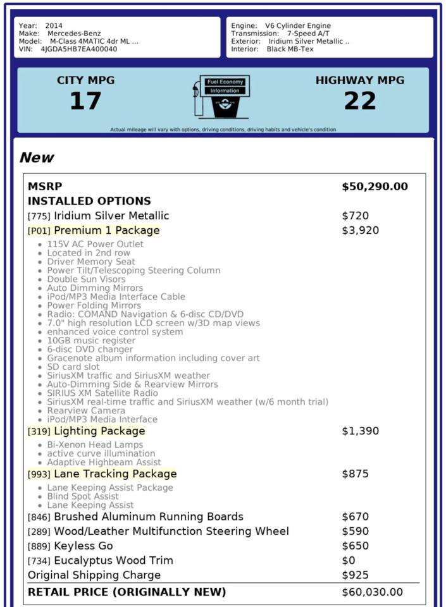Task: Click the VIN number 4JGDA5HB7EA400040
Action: point(78,49)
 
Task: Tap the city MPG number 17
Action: point(85,101)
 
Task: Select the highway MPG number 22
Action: point(359,101)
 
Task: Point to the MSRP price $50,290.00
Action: point(375,187)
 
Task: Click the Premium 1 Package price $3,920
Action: point(360,230)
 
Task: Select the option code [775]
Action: point(39,216)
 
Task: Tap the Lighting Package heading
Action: point(99,431)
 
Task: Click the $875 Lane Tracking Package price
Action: point(355,474)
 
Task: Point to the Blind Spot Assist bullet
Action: point(84,496)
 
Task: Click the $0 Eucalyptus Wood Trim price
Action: point(349,561)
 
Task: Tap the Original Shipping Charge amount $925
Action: point(355,575)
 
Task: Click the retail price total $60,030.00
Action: point(372,592)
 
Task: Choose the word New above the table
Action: point(37,157)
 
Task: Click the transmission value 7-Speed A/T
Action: point(308,34)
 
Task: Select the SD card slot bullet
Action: point(73,367)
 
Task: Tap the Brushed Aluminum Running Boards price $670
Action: point(355,517)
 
